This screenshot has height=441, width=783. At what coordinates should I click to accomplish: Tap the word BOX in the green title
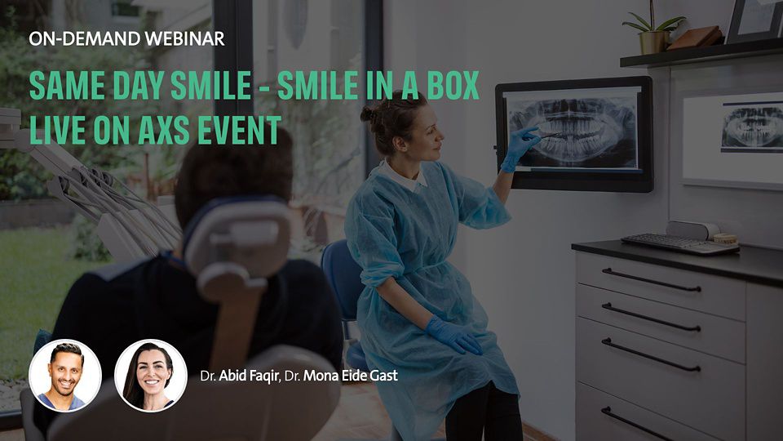pyautogui.click(x=453, y=86)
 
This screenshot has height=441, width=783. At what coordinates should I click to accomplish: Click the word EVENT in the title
pyautogui.click(x=240, y=130)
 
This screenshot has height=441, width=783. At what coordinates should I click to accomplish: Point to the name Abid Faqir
pyautogui.click(x=248, y=376)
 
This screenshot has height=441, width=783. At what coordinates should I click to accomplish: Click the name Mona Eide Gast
pyautogui.click(x=351, y=375)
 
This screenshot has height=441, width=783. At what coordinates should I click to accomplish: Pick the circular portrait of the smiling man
pyautogui.click(x=65, y=376)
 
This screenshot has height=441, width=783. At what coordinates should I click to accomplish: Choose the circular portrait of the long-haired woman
pyautogui.click(x=150, y=376)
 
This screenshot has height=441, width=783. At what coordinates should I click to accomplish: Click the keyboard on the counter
pyautogui.click(x=679, y=243)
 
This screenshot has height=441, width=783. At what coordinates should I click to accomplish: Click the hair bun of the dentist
pyautogui.click(x=369, y=115)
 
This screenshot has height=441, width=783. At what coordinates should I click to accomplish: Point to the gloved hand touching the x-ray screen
pyautogui.click(x=519, y=149)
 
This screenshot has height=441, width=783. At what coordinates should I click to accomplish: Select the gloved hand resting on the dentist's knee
pyautogui.click(x=453, y=335)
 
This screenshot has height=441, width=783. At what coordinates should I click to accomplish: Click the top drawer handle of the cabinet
pyautogui.click(x=651, y=280)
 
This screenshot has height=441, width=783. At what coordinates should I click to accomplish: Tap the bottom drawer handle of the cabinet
pyautogui.click(x=637, y=423)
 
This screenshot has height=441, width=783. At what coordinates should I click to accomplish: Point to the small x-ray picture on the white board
pyautogui.click(x=752, y=127)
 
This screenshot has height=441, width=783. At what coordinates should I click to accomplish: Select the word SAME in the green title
pyautogui.click(x=67, y=86)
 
